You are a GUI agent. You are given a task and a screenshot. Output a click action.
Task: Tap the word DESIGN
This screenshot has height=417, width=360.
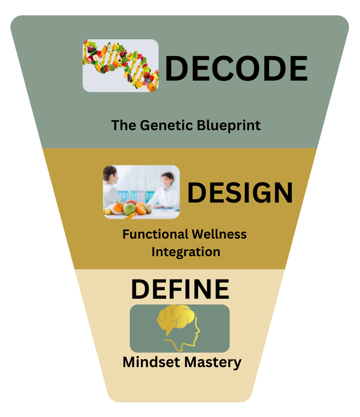coord(240,192)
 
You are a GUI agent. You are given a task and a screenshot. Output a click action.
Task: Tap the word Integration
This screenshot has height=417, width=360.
coord(186,251)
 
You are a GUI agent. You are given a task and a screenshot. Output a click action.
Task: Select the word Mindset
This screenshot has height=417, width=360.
coord(152,362)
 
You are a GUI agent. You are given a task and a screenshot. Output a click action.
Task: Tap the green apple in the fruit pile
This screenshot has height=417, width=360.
coord(129,209)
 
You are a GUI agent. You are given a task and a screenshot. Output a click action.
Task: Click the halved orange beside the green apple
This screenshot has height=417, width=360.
coord(140,209)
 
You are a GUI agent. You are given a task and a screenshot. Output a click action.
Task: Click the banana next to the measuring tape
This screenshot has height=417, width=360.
coord(108,210)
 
